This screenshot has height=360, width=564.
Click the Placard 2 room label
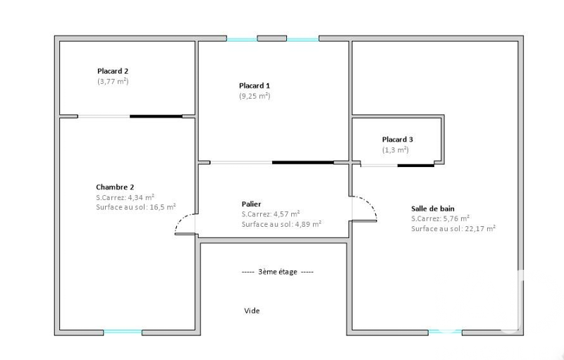tap(113, 71)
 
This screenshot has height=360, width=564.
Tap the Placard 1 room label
tap(255, 85)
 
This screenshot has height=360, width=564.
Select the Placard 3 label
tap(398, 139)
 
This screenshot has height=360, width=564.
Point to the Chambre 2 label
tap(115, 187)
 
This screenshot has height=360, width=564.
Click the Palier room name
tap(252, 204)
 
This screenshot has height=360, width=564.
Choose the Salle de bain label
tap(433, 209)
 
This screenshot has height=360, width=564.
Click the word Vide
tap(252, 311)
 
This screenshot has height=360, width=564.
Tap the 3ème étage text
tap(278, 272)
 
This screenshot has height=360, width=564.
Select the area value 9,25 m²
tap(255, 96)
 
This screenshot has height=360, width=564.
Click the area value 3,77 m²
tap(113, 81)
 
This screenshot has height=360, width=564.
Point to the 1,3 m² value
tap(396, 150)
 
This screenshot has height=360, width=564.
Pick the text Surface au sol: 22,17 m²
tap(453, 228)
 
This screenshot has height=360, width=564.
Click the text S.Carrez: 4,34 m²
tap(125, 197)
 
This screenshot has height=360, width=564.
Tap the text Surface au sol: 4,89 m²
tap(281, 224)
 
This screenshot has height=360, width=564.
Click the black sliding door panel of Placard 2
tap(156, 116)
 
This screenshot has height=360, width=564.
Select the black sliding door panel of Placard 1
tap(303, 163)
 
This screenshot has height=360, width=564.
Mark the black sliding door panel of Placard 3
tap(416, 166)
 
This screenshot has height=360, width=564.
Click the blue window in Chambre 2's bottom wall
tap(123, 333)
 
